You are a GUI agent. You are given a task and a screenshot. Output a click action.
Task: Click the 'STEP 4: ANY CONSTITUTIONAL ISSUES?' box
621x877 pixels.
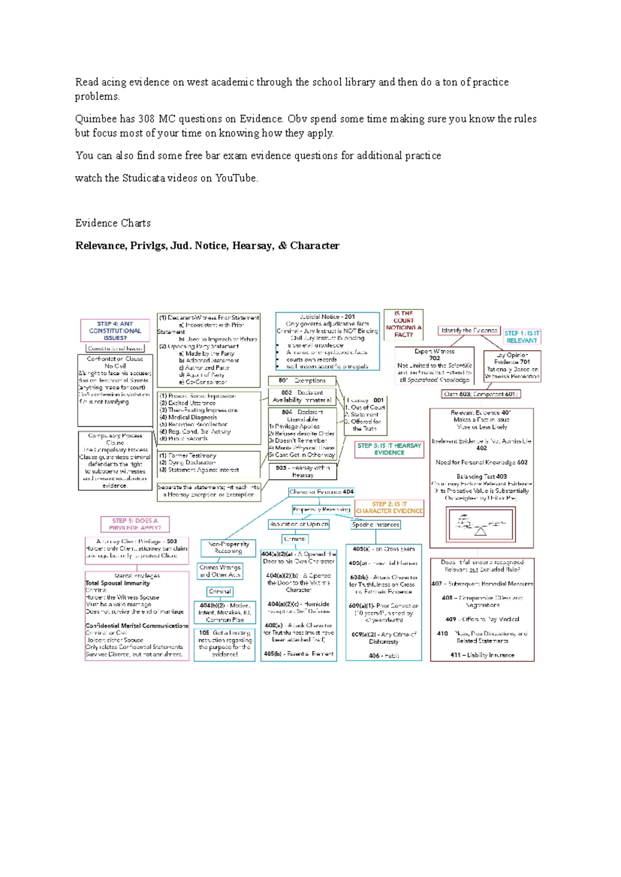pos(115,330)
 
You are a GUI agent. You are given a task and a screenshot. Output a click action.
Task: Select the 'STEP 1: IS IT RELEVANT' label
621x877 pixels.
pos(522,337)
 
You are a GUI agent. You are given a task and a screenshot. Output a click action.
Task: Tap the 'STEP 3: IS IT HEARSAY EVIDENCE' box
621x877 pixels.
pos(389,449)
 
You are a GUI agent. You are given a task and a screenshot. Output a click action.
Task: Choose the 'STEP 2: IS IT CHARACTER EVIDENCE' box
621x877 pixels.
pos(389,507)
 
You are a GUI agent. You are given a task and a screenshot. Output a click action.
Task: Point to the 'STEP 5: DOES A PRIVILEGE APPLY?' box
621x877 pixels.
pos(135,524)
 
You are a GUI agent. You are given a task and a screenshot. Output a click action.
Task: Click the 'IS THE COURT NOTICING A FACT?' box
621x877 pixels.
pos(404,324)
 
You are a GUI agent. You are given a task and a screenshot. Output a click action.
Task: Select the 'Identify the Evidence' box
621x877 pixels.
pos(469,330)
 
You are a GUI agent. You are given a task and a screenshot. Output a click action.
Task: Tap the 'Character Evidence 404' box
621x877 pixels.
pos(321,492)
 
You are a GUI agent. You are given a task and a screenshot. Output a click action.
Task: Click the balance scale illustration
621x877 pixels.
pos(481,524)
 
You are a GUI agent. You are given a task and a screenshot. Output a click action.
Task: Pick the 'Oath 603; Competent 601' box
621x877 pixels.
pos(481,394)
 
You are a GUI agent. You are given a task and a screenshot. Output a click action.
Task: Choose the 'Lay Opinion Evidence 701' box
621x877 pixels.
pos(512,366)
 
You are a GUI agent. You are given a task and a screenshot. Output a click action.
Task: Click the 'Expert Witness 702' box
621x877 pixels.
pos(435,365)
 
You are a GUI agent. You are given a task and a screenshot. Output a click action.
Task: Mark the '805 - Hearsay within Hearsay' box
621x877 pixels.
pos(303,471)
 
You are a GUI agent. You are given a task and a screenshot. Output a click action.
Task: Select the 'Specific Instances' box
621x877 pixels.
pos(376,524)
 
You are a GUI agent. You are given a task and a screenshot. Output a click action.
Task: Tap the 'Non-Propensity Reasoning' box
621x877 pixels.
pos(228,548)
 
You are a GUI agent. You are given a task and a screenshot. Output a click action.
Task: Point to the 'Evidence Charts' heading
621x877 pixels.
pos(113,223)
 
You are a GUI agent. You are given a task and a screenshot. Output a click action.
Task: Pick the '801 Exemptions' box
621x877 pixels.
pos(302,381)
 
